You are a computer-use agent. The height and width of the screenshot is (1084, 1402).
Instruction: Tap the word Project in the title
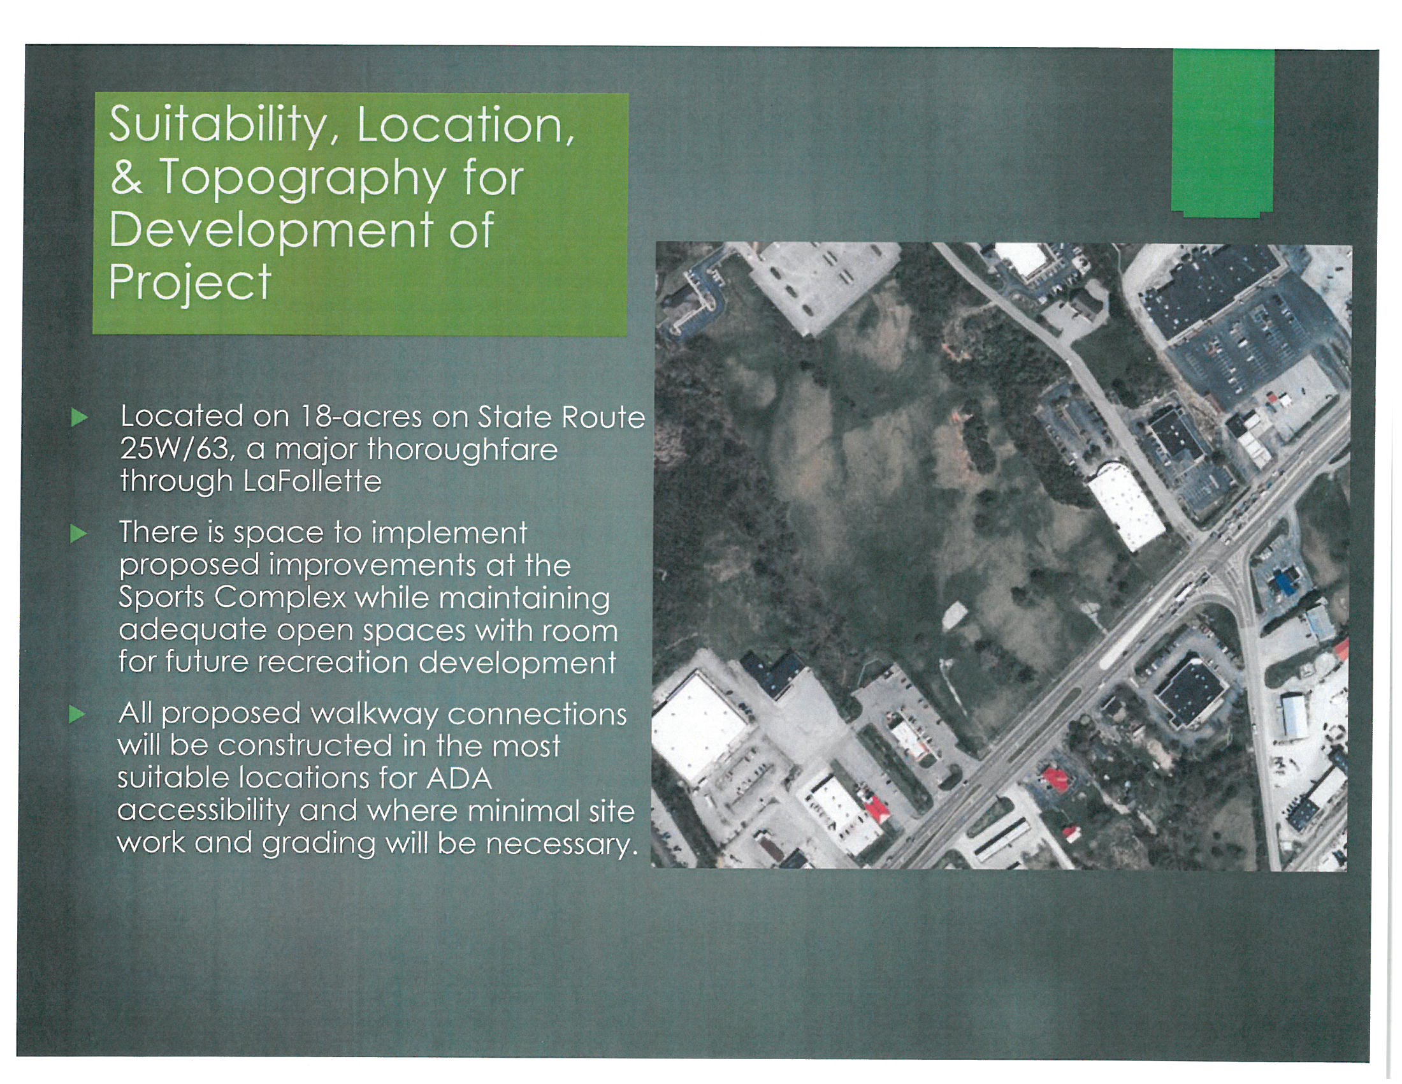pos(190,284)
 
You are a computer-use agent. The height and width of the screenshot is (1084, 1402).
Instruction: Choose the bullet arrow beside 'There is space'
pos(78,534)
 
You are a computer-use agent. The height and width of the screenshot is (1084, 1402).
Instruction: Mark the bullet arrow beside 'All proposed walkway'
pos(78,715)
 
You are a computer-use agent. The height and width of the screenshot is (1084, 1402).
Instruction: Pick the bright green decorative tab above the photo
pos(1222,133)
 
